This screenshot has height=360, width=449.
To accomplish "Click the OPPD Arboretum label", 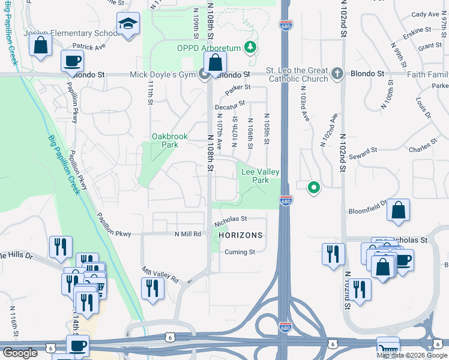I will [x=208, y=48].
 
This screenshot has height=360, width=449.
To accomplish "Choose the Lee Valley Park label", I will [x=260, y=176].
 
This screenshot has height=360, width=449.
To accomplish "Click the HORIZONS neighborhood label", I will [x=241, y=235].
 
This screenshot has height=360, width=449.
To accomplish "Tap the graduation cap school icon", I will [x=128, y=24].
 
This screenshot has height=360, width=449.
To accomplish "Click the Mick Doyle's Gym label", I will [x=164, y=75].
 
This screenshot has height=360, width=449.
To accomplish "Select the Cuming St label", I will [x=240, y=252].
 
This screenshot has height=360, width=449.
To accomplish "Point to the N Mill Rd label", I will [x=188, y=234].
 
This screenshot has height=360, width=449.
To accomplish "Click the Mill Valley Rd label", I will [x=160, y=275].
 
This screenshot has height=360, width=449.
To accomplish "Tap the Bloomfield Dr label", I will [x=369, y=211].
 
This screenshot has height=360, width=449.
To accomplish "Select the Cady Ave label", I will [x=426, y=14].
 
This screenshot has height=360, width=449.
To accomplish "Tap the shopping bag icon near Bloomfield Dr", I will [x=398, y=210].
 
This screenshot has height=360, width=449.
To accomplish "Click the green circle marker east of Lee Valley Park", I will [x=313, y=188].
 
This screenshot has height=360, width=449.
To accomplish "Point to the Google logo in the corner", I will [x=19, y=353].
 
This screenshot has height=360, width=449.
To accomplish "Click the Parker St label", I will [x=238, y=91].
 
